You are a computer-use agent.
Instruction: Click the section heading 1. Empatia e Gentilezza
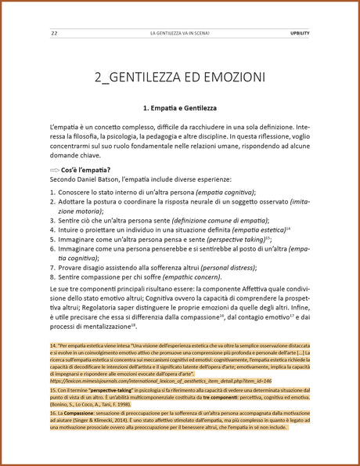point(180,107)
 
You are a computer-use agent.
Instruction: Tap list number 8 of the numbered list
point(52,276)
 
